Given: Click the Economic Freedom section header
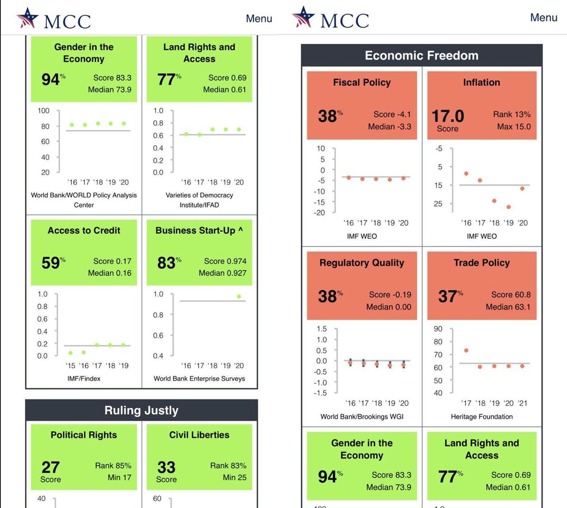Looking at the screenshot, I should (421, 55).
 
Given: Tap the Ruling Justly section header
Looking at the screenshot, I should (141, 410).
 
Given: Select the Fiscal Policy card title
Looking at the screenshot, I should (362, 83).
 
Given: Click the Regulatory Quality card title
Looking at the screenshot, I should (362, 263).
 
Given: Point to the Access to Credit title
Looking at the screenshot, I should (84, 231).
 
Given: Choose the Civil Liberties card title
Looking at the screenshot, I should (199, 435).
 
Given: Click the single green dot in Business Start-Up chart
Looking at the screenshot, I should (239, 296).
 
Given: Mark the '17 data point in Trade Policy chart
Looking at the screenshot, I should (466, 350).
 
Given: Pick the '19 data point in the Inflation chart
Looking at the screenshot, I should (509, 207).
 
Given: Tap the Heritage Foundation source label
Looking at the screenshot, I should (482, 417).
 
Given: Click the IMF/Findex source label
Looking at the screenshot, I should (84, 379).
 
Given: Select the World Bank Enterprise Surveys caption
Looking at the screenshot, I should (199, 379).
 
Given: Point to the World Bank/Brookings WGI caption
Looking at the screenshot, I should (362, 417).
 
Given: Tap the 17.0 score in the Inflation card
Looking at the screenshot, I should (448, 116).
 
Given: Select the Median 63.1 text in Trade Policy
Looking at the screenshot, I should (508, 307).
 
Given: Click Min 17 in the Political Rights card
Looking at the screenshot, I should (119, 478).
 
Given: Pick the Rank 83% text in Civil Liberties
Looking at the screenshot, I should (228, 466).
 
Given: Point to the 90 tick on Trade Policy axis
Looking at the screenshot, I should (438, 329).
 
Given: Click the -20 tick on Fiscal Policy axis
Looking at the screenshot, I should (319, 212).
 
